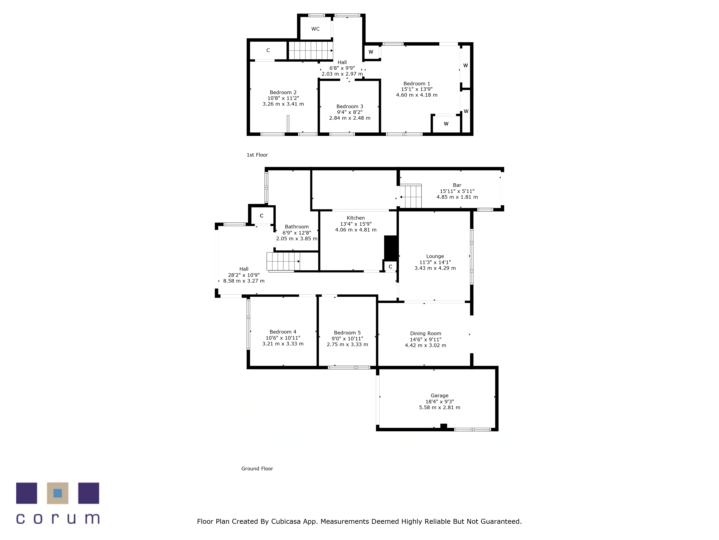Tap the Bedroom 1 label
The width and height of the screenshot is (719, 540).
point(417,84)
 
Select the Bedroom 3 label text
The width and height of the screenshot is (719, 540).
point(350,106)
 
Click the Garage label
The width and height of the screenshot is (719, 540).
point(439,395)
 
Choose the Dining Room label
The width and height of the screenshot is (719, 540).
point(425,333)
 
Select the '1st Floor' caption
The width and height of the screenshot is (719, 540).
point(257,155)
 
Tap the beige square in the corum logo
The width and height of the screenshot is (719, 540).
point(58,493)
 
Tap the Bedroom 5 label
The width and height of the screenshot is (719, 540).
point(347,333)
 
